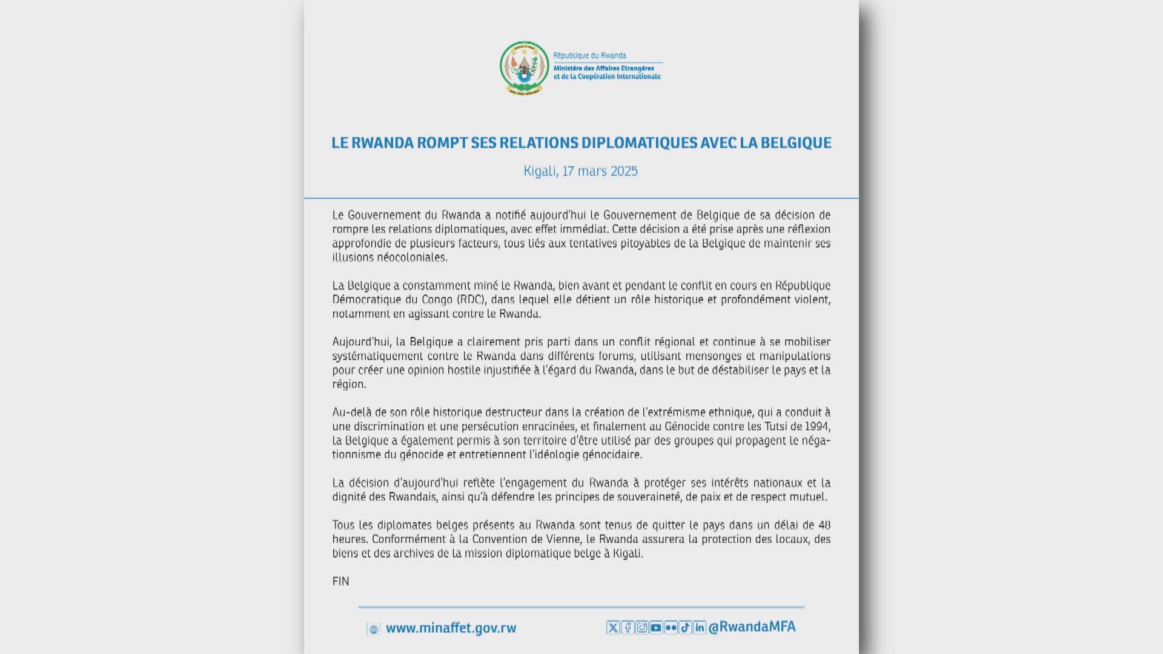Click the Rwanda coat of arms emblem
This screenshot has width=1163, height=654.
point(524,67)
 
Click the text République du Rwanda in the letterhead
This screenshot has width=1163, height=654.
point(589,56)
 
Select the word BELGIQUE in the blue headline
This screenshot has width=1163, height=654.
point(796,143)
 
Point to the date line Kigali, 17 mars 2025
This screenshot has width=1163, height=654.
point(580,171)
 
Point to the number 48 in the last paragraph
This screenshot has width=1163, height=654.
point(824,525)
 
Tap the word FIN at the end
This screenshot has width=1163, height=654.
point(340,581)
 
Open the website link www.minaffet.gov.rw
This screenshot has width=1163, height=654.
point(451,629)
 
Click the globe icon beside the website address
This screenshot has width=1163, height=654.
point(374,630)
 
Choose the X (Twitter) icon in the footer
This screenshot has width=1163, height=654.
point(613,628)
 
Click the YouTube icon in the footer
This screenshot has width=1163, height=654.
point(656,628)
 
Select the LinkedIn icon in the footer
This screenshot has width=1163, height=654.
point(700,628)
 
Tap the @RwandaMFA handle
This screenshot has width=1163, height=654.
point(752,627)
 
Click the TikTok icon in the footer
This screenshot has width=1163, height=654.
point(685,628)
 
